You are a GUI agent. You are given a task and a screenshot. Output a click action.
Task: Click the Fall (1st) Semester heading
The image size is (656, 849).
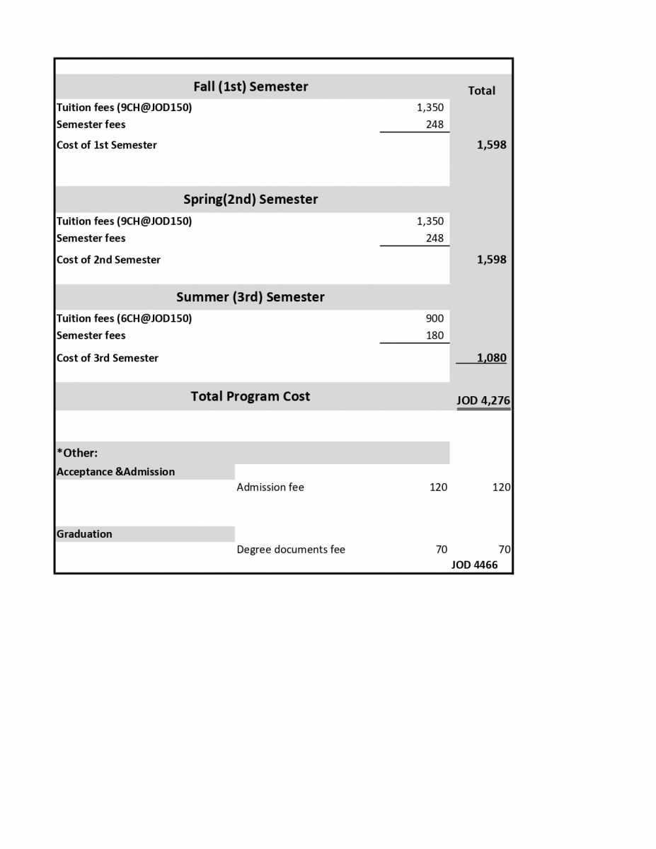251,86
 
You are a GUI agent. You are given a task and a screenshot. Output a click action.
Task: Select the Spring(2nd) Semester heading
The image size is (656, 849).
251,199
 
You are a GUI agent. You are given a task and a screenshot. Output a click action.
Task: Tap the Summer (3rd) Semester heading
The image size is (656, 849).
251,296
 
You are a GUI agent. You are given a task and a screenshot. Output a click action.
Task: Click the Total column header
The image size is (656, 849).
481,91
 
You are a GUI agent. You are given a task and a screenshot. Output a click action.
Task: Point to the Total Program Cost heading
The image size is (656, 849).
251,396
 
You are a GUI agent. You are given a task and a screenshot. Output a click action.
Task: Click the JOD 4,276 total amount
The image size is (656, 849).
483,400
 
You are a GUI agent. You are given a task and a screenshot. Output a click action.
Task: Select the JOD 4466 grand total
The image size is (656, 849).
474,565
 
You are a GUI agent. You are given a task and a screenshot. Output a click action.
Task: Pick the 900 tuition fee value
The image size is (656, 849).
435,318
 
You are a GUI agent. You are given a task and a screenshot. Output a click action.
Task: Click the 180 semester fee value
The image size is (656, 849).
435,335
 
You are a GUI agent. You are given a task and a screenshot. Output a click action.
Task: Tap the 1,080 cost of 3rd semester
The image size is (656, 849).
491,357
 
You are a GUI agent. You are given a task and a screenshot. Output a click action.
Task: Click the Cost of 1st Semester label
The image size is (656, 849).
107,145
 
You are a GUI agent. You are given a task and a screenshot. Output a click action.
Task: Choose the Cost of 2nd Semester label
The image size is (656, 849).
108,260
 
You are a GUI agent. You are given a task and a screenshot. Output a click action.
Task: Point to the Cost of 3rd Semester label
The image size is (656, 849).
108,358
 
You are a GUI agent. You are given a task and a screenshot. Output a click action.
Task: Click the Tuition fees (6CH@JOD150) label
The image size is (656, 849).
124,318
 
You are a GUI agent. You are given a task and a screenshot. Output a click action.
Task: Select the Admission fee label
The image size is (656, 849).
270,487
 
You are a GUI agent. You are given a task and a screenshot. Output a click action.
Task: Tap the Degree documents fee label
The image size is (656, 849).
291,549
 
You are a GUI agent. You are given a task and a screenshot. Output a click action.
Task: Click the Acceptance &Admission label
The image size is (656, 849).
115,472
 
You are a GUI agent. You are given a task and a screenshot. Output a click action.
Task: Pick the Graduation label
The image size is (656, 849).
84,534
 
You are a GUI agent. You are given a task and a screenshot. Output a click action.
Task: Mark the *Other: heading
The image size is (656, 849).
77,453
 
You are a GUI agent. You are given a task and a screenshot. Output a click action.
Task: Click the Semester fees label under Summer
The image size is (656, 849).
91,335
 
